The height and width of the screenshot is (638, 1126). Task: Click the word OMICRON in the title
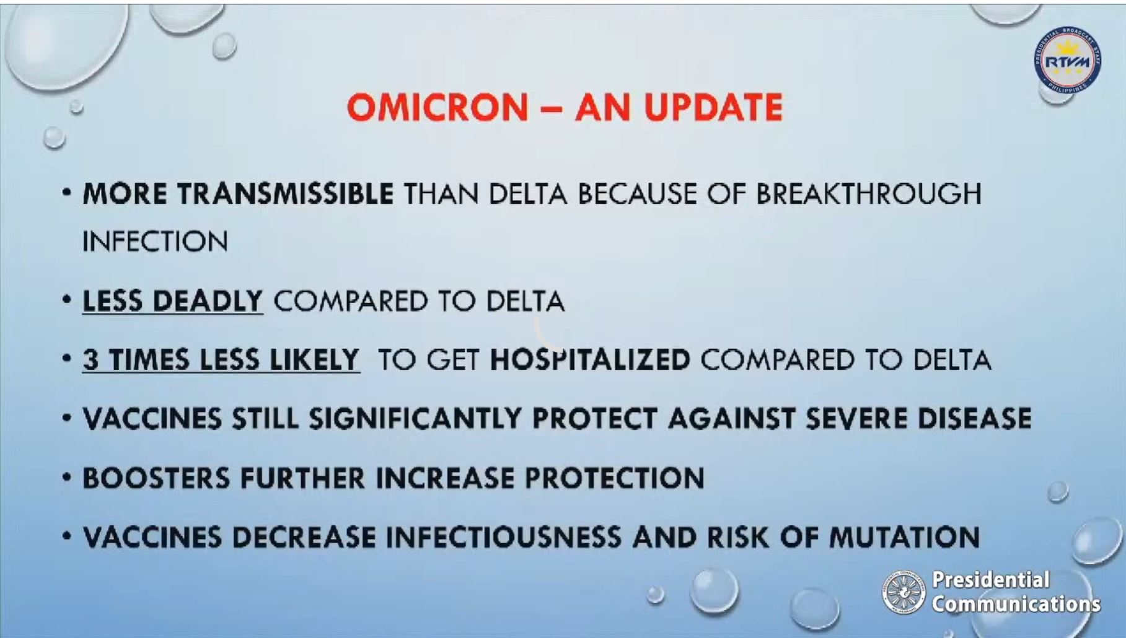438,107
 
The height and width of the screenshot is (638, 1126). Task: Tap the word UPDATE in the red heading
713,107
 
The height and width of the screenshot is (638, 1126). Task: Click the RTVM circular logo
1067,61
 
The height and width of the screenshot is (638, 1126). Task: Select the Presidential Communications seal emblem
904,592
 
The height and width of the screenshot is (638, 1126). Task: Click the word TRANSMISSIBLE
285,194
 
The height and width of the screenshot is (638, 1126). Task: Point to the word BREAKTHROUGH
869,194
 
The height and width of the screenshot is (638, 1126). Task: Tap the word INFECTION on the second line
156,241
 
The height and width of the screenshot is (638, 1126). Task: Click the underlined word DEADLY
208,301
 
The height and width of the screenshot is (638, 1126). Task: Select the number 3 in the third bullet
90,360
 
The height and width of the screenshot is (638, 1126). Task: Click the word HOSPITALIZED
590,360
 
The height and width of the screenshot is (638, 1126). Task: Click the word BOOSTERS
156,478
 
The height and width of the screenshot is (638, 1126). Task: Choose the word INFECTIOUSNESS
504,537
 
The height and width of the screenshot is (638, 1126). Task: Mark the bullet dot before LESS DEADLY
67,300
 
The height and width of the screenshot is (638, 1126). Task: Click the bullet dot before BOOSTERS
67,478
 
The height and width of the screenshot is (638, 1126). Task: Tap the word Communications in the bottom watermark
1016,603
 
